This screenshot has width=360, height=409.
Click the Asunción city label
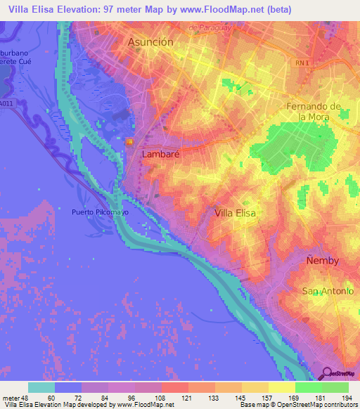pyautogui.click(x=150, y=42)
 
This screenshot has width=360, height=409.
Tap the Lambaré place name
pyautogui.click(x=162, y=154)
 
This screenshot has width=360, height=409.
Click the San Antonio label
pyautogui.click(x=325, y=291)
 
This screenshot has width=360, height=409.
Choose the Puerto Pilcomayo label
pyautogui.click(x=99, y=211)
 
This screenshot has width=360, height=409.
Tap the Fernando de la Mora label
pyautogui.click(x=314, y=112)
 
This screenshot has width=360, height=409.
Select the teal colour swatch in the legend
pyautogui.click(x=41, y=387)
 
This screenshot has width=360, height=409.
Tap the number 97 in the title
pyautogui.click(x=122, y=9)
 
